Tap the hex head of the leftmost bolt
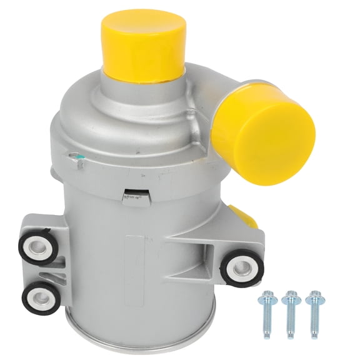[x=266, y=294]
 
